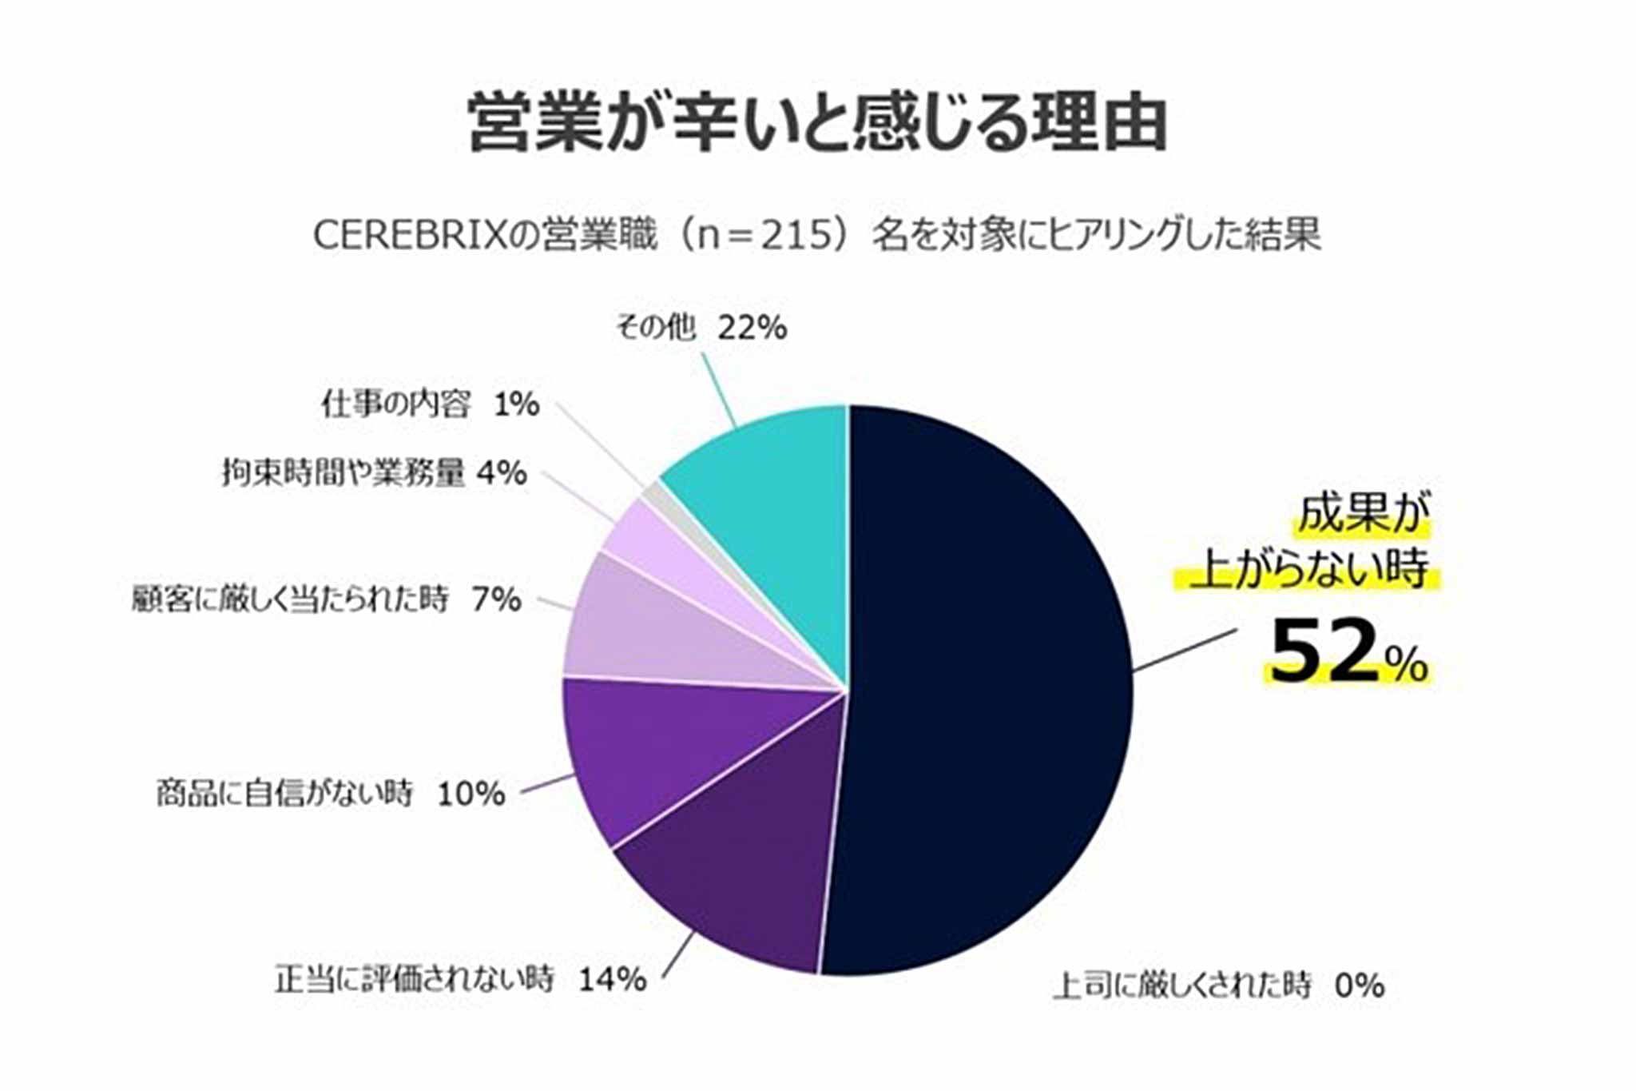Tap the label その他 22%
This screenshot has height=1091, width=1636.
click(701, 328)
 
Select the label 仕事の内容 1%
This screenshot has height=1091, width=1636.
click(430, 404)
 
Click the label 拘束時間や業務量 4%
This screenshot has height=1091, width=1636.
click(374, 473)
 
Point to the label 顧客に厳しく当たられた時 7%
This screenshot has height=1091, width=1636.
click(326, 599)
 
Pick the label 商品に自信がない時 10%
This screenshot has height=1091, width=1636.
click(331, 794)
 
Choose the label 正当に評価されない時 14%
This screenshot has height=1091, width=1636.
click(460, 979)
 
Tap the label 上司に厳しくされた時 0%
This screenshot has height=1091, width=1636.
click(1217, 985)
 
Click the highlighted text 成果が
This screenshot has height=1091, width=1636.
click(1361, 514)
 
